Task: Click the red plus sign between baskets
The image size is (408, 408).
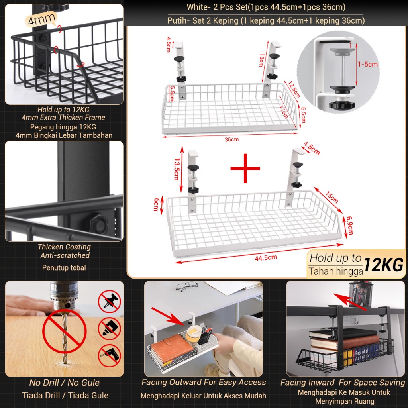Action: pos(245,168)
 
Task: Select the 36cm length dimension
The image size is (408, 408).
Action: pos(231,139)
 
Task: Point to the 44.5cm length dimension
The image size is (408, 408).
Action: pos(266,257)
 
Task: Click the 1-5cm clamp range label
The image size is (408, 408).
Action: pos(367,64)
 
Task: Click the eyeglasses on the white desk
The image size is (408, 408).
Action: pos(186,286)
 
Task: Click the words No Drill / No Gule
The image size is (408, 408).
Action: pos(65,383)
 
